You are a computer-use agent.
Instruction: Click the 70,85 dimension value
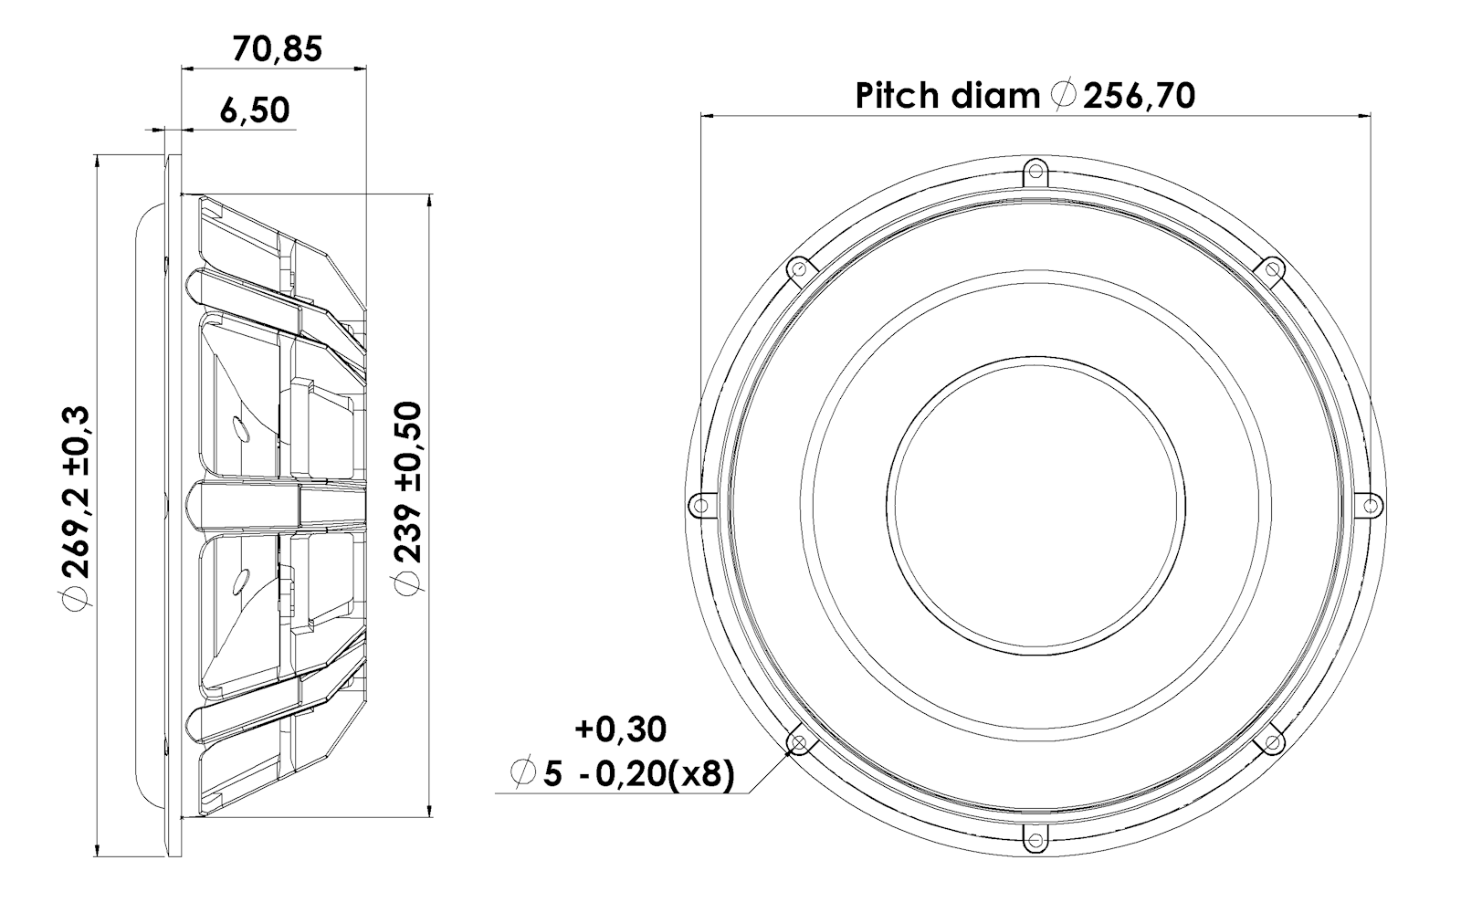278,49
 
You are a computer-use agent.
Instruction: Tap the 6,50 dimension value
255,110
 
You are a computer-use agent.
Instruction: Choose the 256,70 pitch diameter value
1140,96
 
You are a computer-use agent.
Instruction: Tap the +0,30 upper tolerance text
620,729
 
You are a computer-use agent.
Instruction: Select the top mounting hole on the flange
1035,173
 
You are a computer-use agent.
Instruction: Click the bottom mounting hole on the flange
1035,839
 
